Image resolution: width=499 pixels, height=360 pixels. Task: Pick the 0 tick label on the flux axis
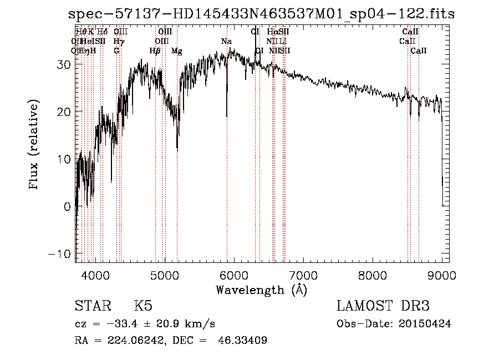(x=67, y=206)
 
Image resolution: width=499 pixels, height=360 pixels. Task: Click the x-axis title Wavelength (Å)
(x=261, y=290)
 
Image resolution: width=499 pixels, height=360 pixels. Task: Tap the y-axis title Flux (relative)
(x=35, y=145)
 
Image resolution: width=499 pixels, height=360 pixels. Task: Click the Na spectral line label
(x=226, y=42)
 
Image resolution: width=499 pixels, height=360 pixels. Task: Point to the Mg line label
(x=177, y=51)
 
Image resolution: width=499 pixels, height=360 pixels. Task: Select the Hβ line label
(x=155, y=51)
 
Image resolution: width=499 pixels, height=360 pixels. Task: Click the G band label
(x=116, y=51)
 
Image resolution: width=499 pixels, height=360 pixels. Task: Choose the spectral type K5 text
(x=143, y=306)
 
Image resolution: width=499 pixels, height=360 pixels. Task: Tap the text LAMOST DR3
(x=383, y=306)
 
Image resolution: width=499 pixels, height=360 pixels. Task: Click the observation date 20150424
(x=425, y=323)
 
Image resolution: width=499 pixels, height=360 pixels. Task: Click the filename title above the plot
(x=261, y=14)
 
